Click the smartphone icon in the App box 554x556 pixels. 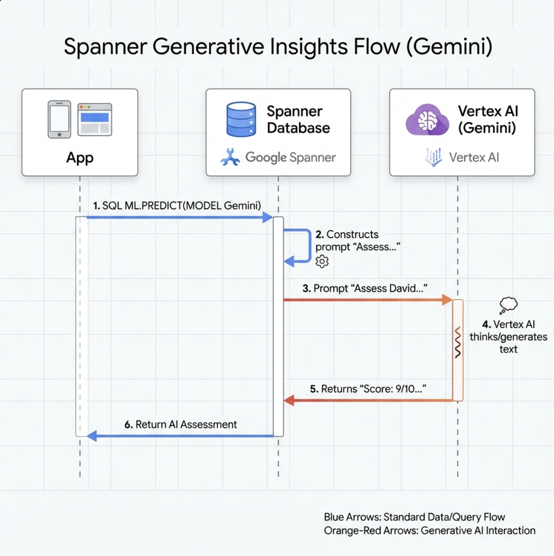point(60,119)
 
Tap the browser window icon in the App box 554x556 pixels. point(94,119)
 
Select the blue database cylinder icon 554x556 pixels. point(241,119)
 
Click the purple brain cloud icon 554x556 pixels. point(427,120)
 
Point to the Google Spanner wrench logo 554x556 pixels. point(230,157)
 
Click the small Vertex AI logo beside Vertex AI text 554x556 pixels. point(433,157)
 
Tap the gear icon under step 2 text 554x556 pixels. point(322,261)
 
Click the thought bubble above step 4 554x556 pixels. point(508,305)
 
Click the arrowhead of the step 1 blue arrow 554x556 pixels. point(267,217)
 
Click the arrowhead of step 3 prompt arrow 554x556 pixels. point(447,300)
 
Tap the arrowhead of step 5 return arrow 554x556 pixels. point(289,400)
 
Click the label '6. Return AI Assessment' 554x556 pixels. point(181,425)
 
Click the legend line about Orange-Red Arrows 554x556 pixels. point(429,531)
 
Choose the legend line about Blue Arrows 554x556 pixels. point(414,517)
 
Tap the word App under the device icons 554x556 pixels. point(80,158)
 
